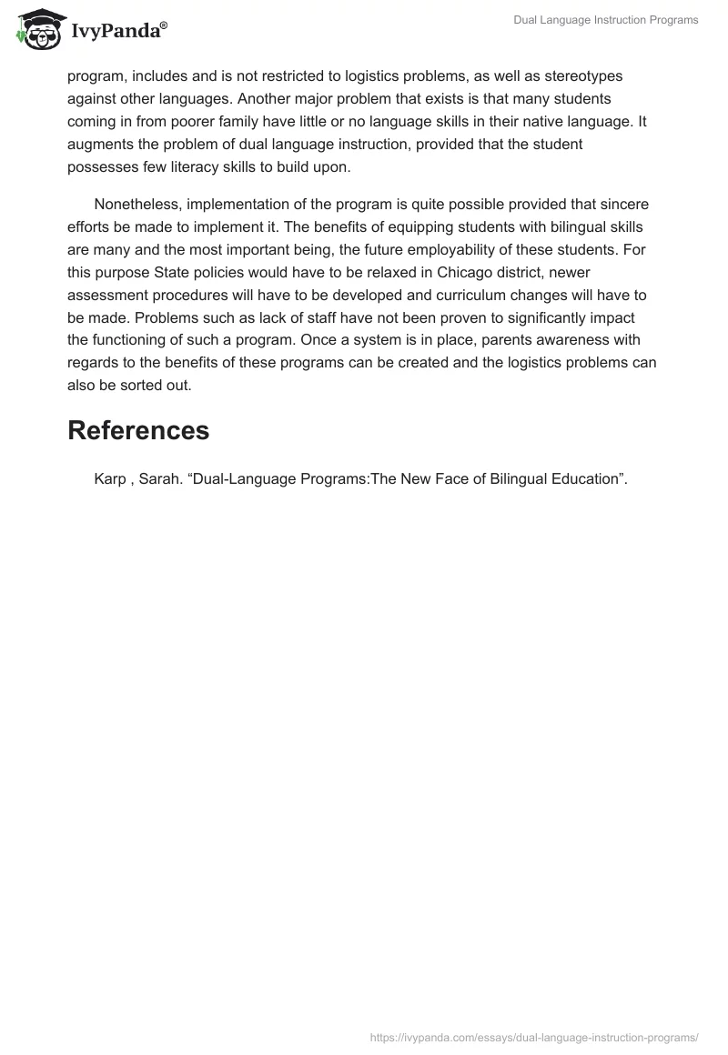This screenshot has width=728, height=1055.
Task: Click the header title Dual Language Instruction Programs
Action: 603,20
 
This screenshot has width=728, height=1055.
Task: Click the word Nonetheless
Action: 136,204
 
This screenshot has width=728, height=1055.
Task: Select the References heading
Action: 138,430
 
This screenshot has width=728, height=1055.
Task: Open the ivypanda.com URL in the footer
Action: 535,1036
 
